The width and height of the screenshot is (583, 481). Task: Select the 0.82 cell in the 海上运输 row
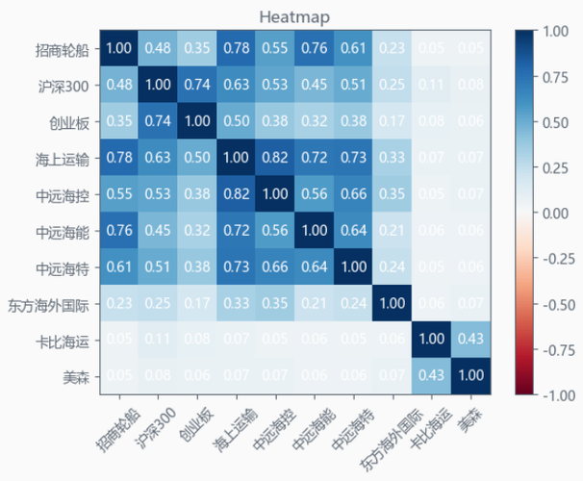point(274,158)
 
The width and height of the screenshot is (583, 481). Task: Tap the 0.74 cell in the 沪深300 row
point(197,85)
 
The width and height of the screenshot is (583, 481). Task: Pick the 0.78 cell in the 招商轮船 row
point(236,48)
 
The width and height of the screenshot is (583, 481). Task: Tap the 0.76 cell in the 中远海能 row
point(120,231)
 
